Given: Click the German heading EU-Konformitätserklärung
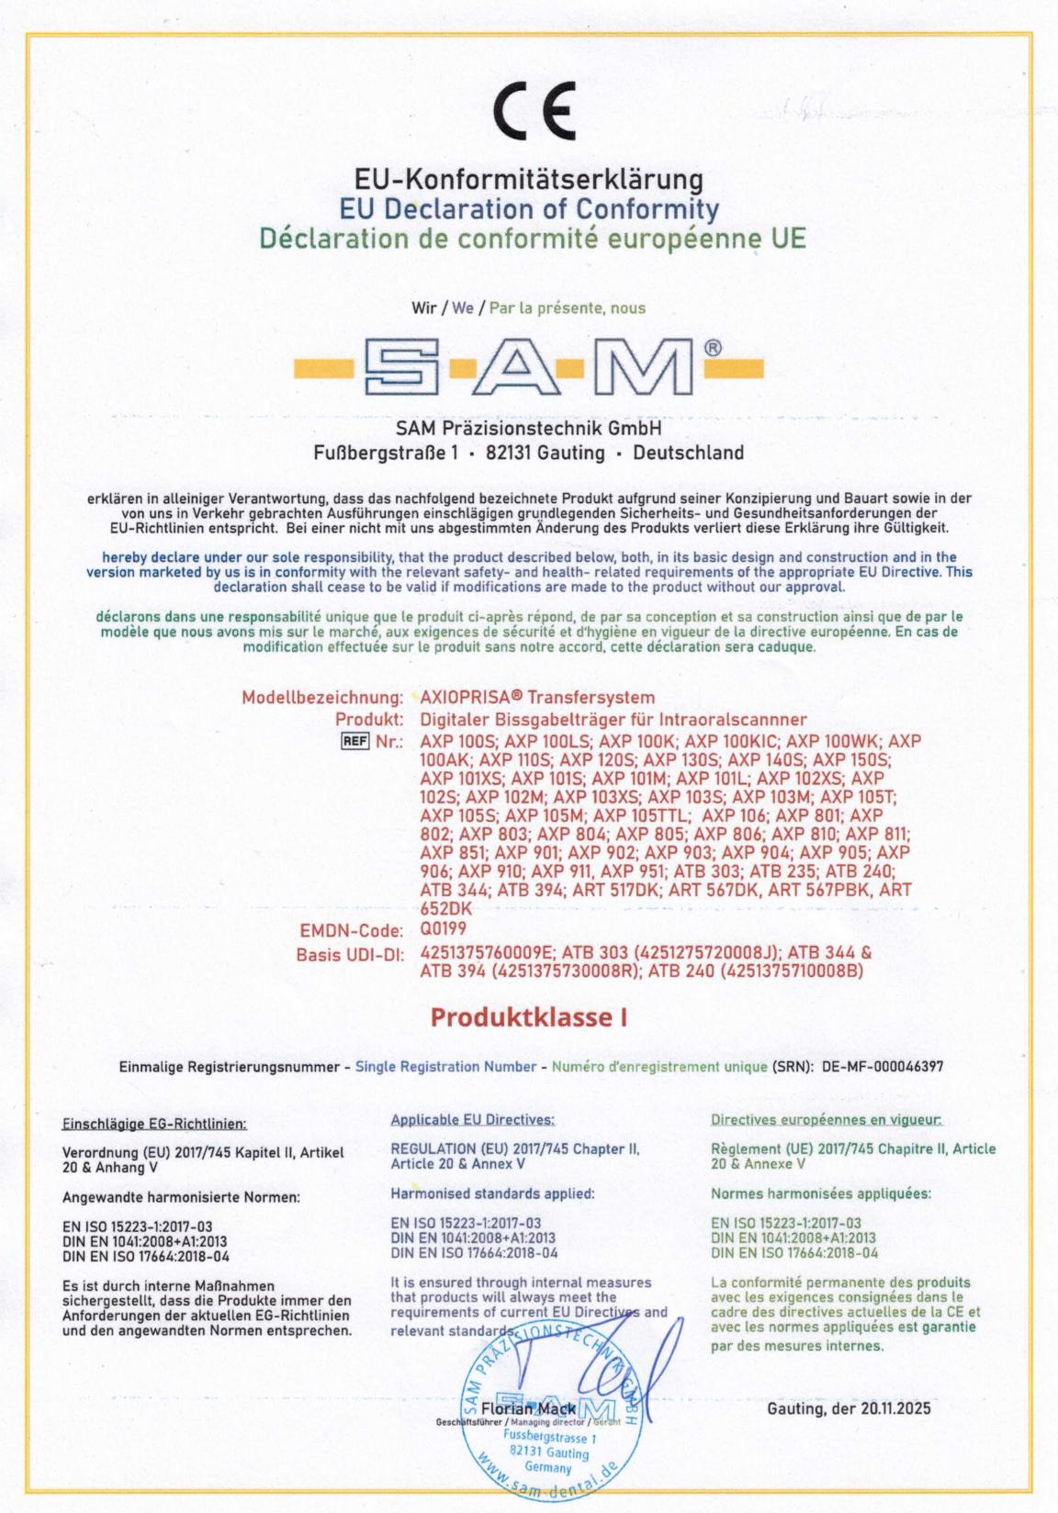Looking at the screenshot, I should [529, 178].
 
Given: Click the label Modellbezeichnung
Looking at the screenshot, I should [322, 698].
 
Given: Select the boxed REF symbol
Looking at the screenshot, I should [354, 741].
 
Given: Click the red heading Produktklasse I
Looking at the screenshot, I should [529, 1018].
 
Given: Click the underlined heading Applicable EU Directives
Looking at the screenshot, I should [472, 1120].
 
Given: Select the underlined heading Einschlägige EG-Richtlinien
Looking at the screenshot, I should [154, 1123].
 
